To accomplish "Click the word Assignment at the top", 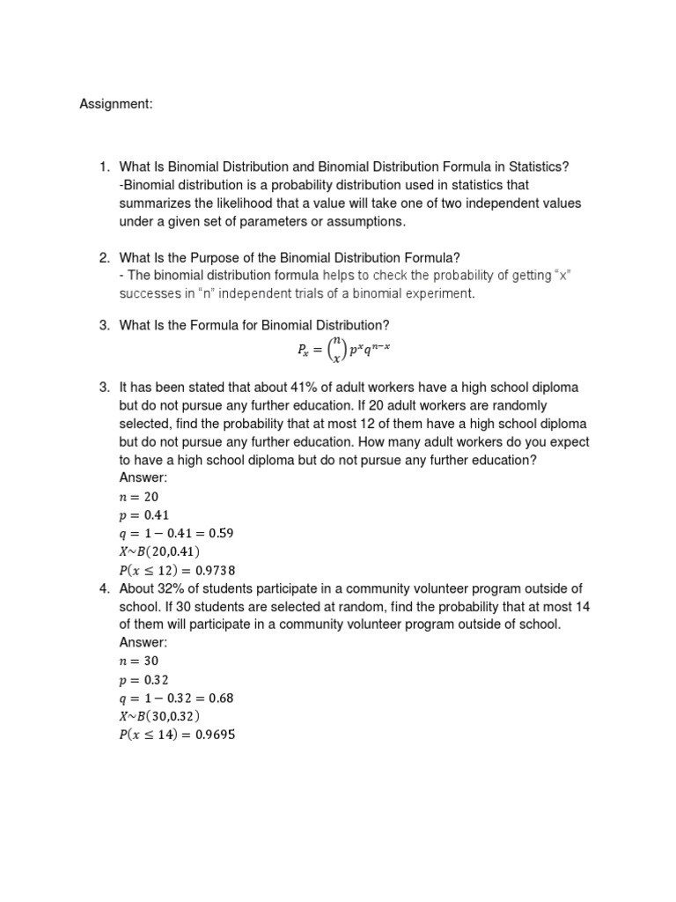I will tap(116, 105).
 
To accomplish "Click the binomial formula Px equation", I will tap(343, 351).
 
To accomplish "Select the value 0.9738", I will tap(217, 570).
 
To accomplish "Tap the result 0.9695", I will tap(217, 735).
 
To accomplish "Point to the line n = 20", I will tap(139, 496).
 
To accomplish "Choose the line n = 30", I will tap(139, 661).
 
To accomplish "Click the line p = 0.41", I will tap(144, 514).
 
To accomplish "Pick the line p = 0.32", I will tap(144, 679).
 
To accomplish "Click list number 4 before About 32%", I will tap(103, 588).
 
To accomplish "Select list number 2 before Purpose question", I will tap(103, 258).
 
